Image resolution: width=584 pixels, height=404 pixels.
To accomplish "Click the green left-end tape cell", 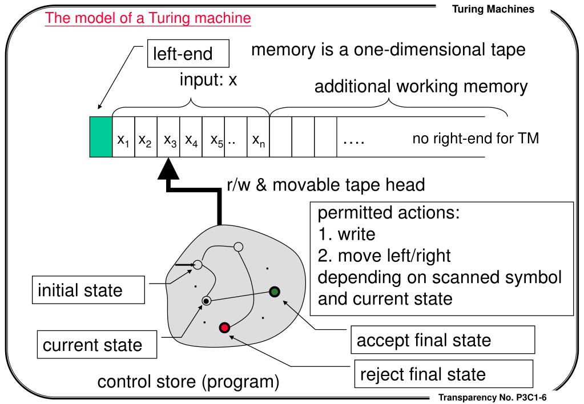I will (x=101, y=137).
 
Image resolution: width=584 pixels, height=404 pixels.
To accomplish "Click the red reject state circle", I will (x=224, y=327).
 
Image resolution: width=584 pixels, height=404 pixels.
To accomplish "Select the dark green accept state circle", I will (x=275, y=292).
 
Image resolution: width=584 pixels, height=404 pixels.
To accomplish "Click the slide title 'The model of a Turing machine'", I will (x=148, y=18).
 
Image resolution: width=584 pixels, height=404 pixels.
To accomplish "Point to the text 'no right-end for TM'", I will (x=476, y=138).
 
